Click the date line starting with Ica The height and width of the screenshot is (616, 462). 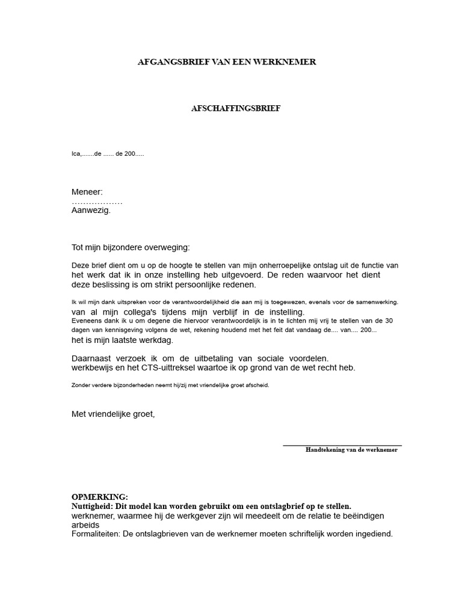click(x=108, y=154)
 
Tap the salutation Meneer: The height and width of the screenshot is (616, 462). click(x=87, y=192)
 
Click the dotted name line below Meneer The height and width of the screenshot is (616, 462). click(x=97, y=202)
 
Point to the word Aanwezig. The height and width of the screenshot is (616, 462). click(x=91, y=211)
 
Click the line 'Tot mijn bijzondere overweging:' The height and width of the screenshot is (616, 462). click(x=130, y=247)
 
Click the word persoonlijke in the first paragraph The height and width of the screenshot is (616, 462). click(x=201, y=285)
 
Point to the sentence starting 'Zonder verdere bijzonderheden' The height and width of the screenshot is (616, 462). click(x=170, y=385)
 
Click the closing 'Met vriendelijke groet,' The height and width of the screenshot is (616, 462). click(x=113, y=414)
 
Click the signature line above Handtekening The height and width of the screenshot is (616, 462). click(x=342, y=445)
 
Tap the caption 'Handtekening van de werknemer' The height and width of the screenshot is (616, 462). click(x=351, y=450)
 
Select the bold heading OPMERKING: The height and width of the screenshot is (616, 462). click(x=99, y=497)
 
